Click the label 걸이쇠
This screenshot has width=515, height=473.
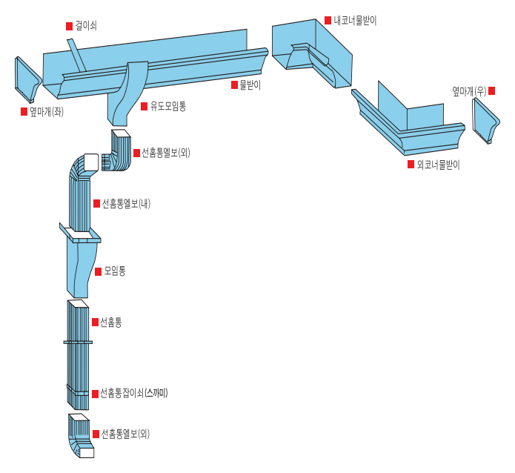(86, 25)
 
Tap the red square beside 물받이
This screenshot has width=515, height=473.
(234, 85)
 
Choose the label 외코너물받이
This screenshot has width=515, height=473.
(438, 165)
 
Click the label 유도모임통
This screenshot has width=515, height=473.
(167, 107)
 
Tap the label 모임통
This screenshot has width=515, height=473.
(115, 271)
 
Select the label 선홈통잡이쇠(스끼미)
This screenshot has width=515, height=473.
(134, 393)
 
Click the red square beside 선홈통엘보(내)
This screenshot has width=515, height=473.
(96, 203)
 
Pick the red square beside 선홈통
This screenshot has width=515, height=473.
(95, 322)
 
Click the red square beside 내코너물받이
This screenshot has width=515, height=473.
(328, 20)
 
